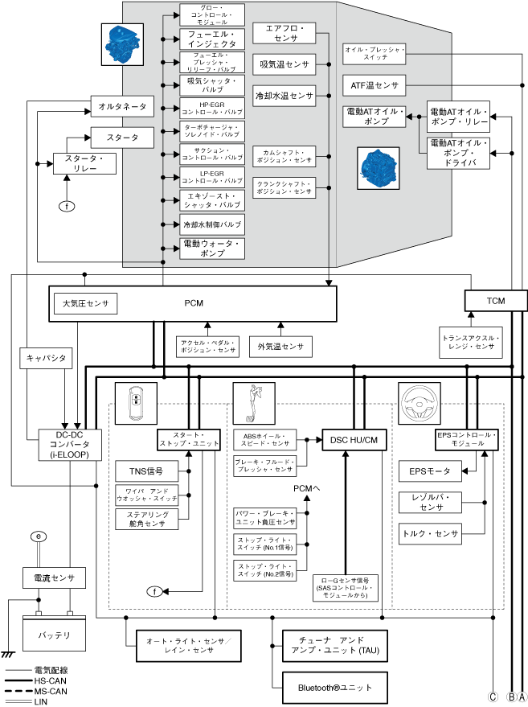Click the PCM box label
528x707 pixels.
pos(193,303)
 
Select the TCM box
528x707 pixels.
pos(496,300)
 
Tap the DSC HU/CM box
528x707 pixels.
pos(354,439)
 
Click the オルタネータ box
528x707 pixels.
pos(122,106)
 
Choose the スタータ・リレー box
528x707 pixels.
pos(84,164)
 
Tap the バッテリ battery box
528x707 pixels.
pos(54,634)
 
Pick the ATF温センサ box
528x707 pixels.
pos(375,84)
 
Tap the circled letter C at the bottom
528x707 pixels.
pos(493,697)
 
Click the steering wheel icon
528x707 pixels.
pos(417,397)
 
